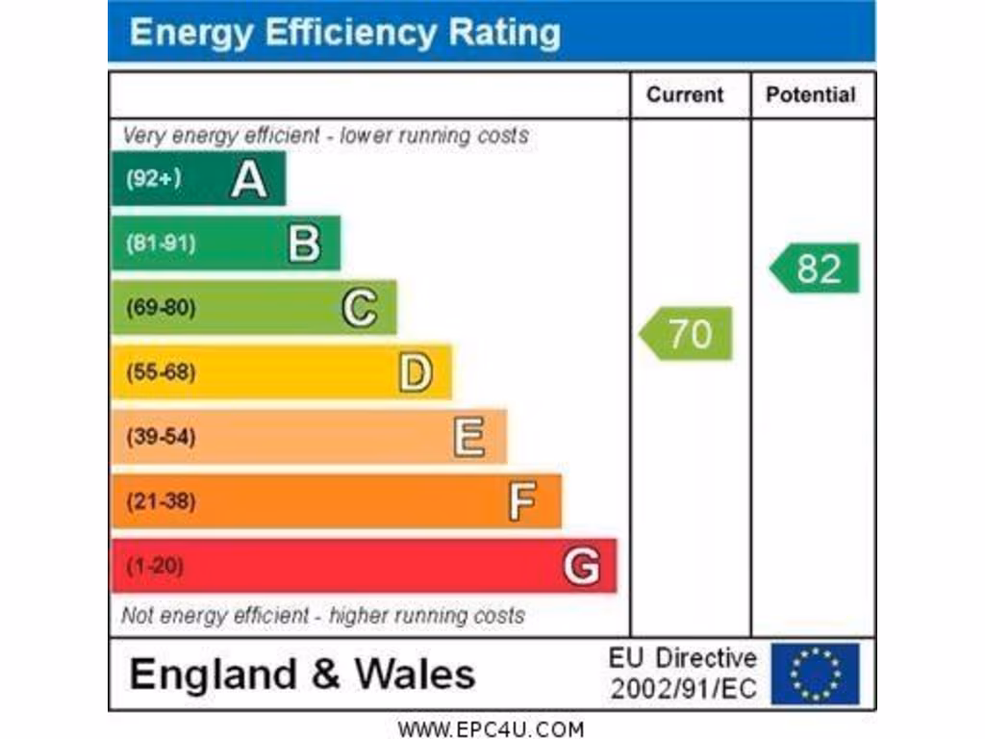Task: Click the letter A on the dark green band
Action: (248, 179)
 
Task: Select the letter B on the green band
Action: (304, 243)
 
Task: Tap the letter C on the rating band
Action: (359, 308)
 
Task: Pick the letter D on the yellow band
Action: (415, 372)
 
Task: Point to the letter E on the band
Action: (469, 437)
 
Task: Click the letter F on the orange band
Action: (522, 501)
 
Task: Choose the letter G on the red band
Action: (581, 566)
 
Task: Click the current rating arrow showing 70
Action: (687, 333)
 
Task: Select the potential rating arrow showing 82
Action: (816, 268)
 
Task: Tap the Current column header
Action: (685, 94)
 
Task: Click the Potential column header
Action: (810, 94)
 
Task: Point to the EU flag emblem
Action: (815, 674)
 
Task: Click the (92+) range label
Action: (153, 179)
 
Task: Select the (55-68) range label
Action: (161, 372)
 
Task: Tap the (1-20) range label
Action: (154, 566)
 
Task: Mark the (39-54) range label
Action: (161, 437)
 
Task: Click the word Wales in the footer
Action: (416, 674)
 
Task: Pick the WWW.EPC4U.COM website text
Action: (491, 729)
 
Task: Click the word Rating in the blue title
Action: (504, 32)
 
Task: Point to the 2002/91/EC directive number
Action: (684, 689)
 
